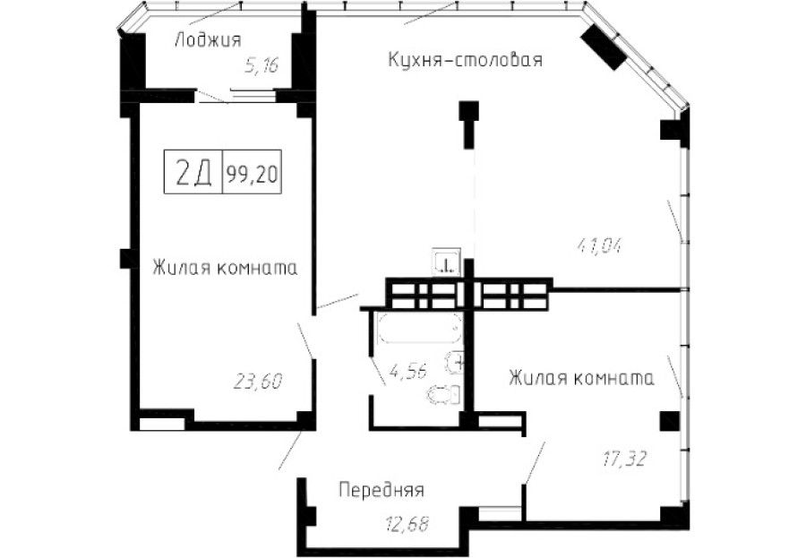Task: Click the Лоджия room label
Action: tap(209, 39)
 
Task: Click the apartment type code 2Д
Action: tap(193, 174)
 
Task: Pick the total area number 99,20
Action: tap(252, 175)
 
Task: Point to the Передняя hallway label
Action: tap(381, 490)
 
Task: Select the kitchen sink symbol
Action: tap(445, 262)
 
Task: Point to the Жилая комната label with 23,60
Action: tap(224, 268)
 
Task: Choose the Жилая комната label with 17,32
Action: tap(581, 378)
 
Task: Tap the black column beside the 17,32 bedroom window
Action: tap(668, 421)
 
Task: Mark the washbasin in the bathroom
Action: tap(456, 363)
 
